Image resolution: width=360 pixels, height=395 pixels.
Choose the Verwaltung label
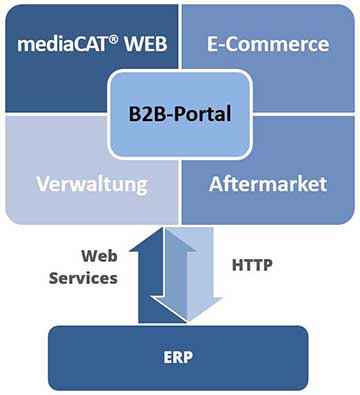pyautogui.click(x=94, y=185)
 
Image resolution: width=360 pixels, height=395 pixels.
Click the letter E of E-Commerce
pyautogui.click(x=213, y=45)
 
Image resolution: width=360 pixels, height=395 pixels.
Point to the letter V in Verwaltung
pyautogui.click(x=44, y=185)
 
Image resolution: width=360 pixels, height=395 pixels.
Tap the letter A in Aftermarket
pyautogui.click(x=217, y=185)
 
